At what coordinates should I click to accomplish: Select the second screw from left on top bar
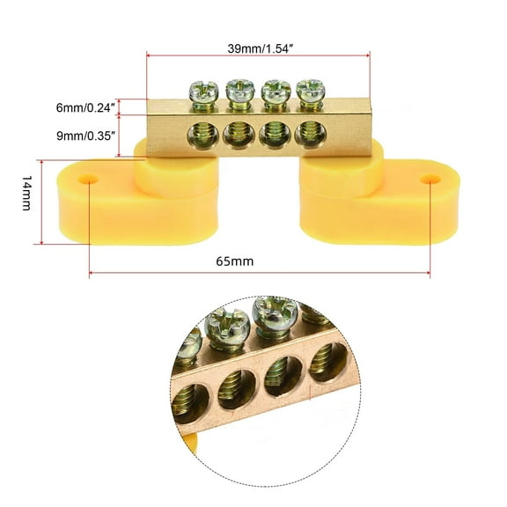pyautogui.click(x=238, y=91)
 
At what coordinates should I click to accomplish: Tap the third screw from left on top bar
pyautogui.click(x=274, y=92)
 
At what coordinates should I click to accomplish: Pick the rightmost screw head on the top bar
pyautogui.click(x=309, y=92)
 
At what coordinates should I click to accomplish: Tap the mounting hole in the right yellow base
pyautogui.click(x=429, y=178)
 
